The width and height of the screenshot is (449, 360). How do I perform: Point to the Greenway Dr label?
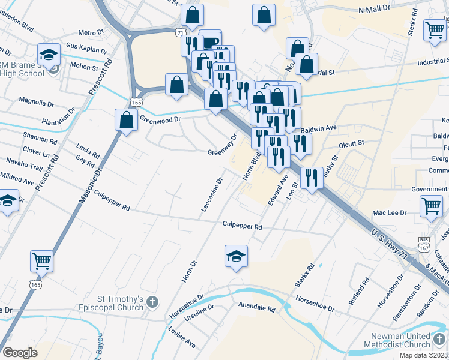(x=223, y=145)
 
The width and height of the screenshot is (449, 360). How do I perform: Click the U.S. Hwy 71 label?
(x=394, y=246)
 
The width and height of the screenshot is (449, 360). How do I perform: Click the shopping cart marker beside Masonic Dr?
(x=41, y=261)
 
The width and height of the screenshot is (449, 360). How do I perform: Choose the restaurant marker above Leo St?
(x=311, y=177)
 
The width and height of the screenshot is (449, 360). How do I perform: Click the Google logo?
(x=20, y=353)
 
